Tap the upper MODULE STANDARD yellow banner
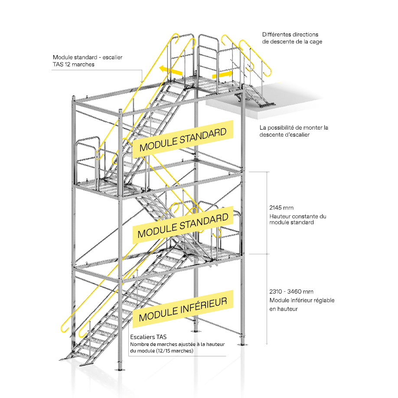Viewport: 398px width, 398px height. click(x=183, y=137)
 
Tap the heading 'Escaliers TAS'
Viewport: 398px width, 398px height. click(x=148, y=336)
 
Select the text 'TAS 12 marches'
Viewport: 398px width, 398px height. click(x=73, y=64)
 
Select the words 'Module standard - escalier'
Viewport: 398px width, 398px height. click(x=86, y=57)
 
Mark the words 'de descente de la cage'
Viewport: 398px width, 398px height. click(x=292, y=42)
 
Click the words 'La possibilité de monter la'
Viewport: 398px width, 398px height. click(x=294, y=127)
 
